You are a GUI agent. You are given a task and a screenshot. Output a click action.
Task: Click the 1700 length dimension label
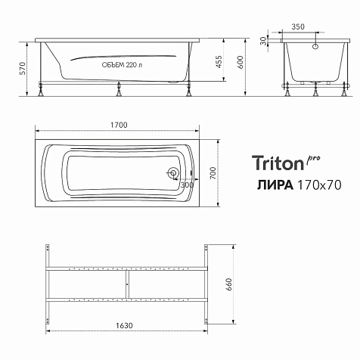pyautogui.click(x=119, y=125)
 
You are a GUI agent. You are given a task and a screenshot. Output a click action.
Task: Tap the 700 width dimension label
pyautogui.click(x=213, y=173)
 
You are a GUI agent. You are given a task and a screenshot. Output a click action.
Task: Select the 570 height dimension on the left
pyautogui.click(x=23, y=68)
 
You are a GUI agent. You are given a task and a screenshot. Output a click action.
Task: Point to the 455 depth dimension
pyautogui.click(x=219, y=62)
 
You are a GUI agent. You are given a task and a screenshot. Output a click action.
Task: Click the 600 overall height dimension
pyautogui.click(x=241, y=62)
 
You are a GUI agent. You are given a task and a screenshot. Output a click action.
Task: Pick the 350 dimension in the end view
pyautogui.click(x=298, y=26)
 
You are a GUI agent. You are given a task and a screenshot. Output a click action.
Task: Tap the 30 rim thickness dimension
pyautogui.click(x=263, y=41)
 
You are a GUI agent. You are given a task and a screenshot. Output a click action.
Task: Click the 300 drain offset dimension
pyautogui.click(x=187, y=185)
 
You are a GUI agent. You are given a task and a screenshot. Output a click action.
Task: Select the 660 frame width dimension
pyautogui.click(x=229, y=284)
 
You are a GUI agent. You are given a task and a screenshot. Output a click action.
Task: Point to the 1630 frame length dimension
pyautogui.click(x=124, y=326)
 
